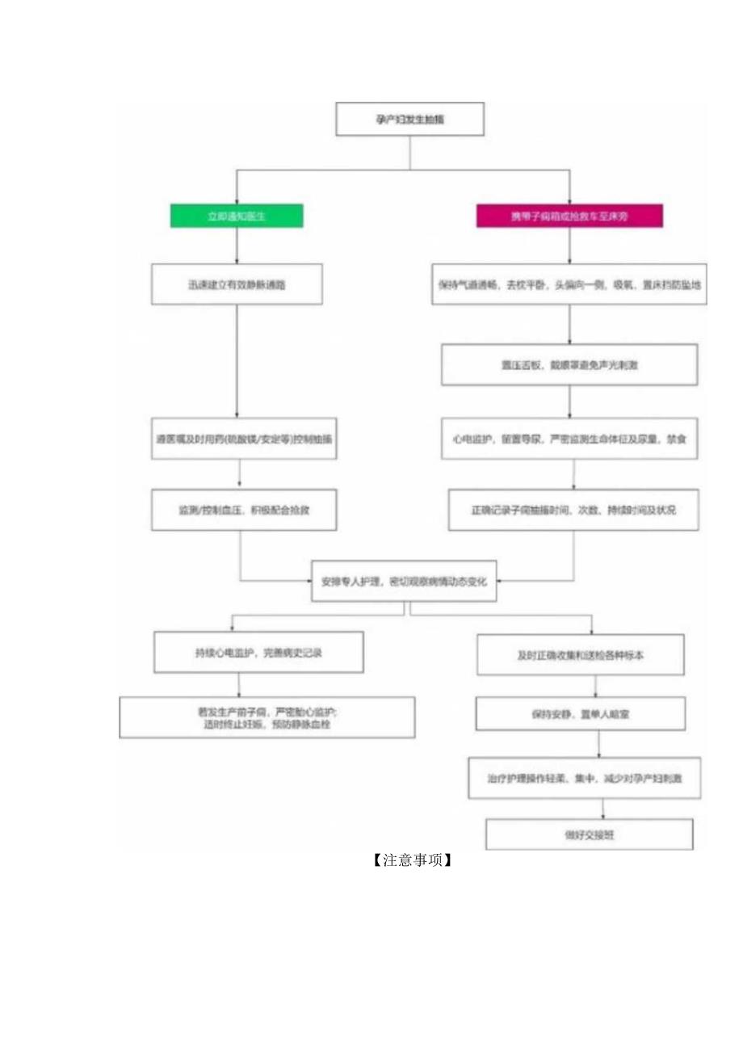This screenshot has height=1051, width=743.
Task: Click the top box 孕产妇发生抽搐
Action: coord(409,119)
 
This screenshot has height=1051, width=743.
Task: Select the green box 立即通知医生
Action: coord(236,216)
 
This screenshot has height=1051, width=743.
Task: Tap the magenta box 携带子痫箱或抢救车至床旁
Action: coord(569,216)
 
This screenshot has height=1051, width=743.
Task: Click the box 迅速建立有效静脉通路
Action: coord(237,284)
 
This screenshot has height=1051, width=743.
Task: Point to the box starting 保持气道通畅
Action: coord(569,284)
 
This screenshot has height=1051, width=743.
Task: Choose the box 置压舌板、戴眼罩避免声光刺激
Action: coord(569,364)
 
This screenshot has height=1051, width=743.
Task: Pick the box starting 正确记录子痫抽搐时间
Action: coord(574,510)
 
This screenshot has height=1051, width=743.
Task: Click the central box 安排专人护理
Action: coord(404,581)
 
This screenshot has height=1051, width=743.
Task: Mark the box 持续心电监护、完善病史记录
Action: coord(258,652)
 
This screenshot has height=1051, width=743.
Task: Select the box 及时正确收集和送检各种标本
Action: coord(581,654)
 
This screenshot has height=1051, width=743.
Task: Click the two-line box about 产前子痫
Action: coord(267,717)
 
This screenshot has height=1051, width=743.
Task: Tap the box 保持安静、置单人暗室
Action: coord(581,714)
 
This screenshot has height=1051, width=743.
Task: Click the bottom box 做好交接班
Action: coord(590,834)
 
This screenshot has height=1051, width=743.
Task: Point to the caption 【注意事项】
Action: coord(411,860)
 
